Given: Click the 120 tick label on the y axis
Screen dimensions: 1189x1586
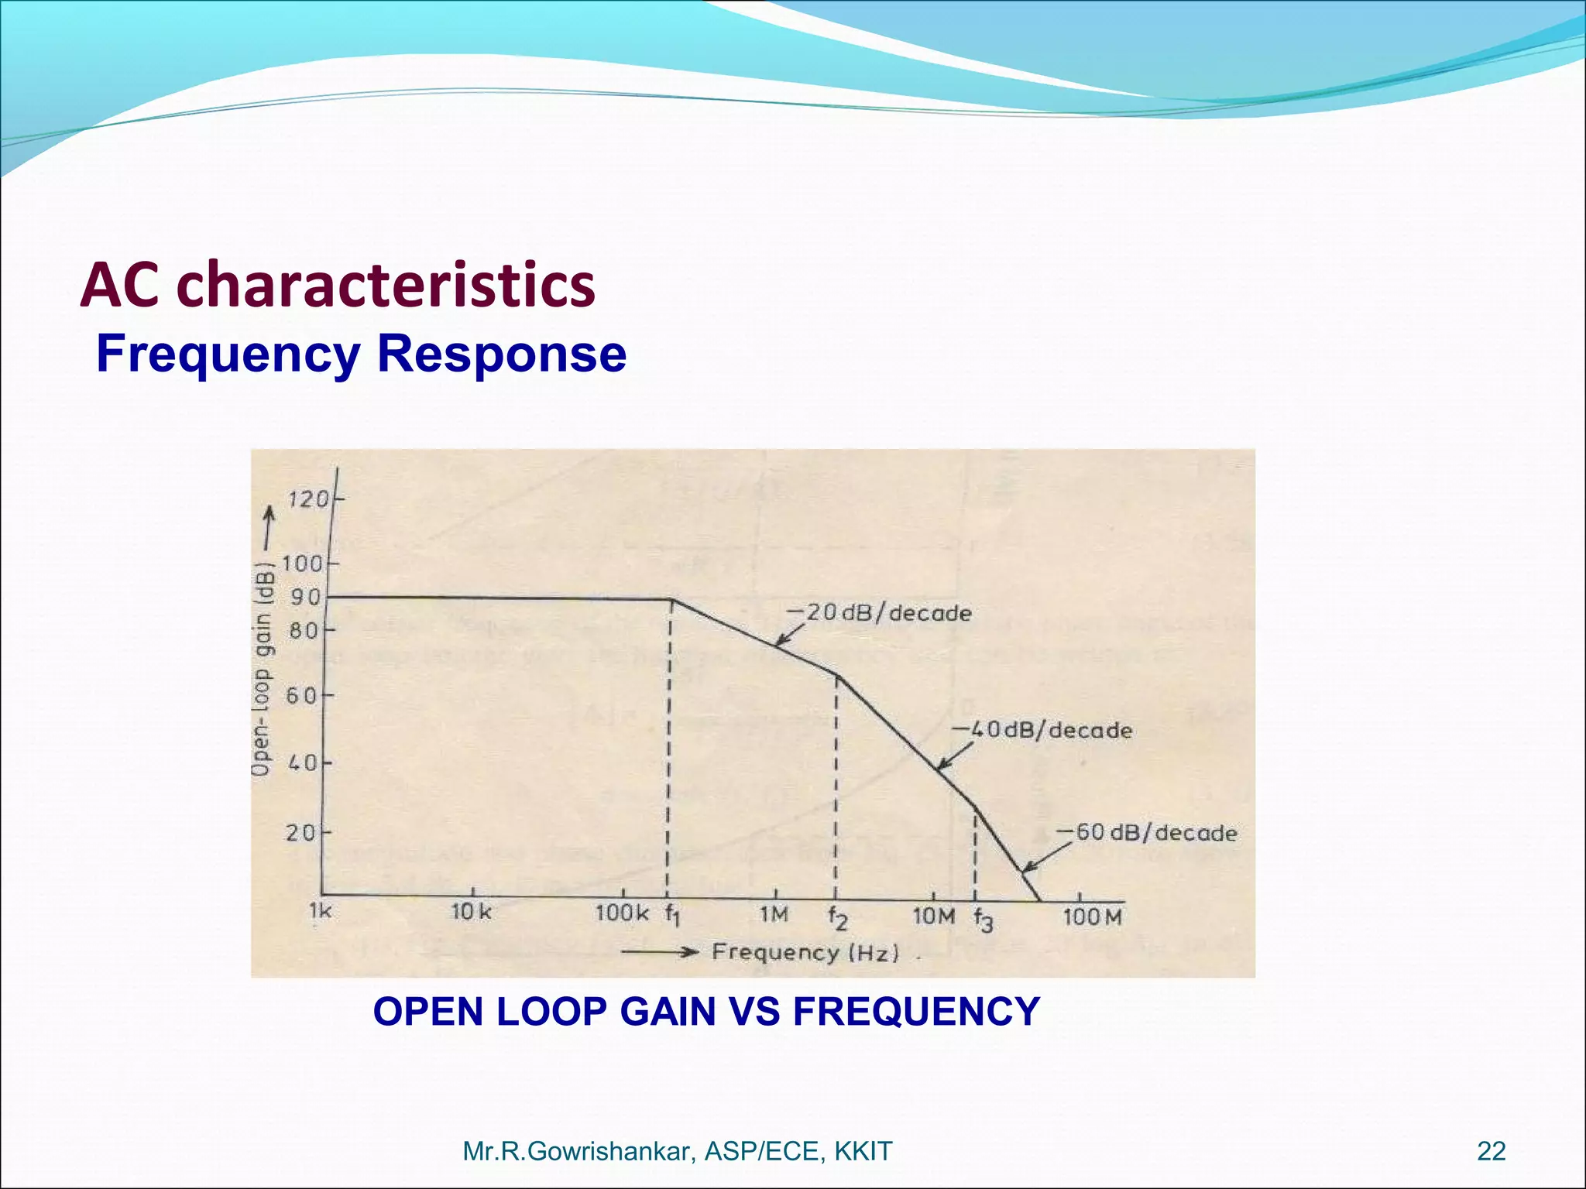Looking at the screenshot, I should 307,499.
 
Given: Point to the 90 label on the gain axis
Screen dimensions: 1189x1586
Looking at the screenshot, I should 305,598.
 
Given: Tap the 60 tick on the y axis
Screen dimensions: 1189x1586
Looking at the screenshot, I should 303,696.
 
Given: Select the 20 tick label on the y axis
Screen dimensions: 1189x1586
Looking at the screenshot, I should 301,833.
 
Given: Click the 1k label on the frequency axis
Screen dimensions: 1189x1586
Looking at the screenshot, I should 320,911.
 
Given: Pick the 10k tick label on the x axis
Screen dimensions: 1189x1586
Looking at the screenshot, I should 472,912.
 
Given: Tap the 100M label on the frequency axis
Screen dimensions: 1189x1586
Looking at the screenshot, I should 1092,917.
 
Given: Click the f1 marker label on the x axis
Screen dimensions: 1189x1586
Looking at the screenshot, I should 672,915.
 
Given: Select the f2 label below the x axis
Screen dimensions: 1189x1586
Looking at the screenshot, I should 837,918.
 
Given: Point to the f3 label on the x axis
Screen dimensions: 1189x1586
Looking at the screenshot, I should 983,920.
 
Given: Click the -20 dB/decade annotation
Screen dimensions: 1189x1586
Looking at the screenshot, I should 879,613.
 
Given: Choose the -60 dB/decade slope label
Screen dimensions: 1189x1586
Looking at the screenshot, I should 1147,833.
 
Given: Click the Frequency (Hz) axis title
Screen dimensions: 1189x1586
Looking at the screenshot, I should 805,952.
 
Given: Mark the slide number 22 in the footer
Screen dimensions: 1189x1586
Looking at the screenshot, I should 1491,1151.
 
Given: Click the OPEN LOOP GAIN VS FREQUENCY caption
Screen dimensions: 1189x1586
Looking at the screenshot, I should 705,1012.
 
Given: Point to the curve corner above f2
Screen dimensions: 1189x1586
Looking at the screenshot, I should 836,676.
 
